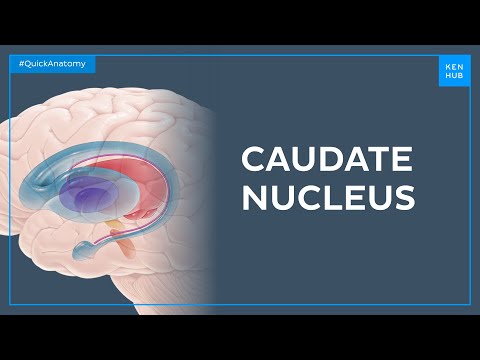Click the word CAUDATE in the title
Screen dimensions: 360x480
pyautogui.click(x=328, y=159)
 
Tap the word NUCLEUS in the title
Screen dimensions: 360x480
pyautogui.click(x=328, y=197)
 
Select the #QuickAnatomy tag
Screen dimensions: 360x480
pyautogui.click(x=53, y=64)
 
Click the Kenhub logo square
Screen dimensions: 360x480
pyautogui.click(x=453, y=69)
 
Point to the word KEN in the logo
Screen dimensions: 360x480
pyautogui.click(x=453, y=64)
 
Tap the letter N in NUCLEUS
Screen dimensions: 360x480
pyautogui.click(x=256, y=197)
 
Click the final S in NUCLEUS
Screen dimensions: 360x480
pyautogui.click(x=403, y=197)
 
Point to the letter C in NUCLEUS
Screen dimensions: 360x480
pyautogui.click(x=314, y=197)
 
